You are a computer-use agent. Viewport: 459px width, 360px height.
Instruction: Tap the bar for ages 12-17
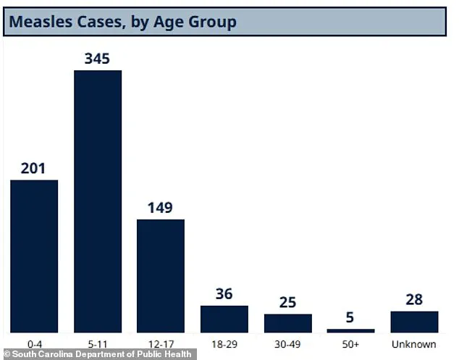coord(161,275)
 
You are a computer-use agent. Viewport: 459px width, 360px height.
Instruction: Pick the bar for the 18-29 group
coord(224,319)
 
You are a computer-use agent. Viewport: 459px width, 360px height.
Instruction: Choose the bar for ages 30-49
coord(287,323)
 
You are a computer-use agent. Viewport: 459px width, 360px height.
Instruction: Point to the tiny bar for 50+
coord(351,330)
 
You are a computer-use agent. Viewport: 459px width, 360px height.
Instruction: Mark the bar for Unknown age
coord(414,322)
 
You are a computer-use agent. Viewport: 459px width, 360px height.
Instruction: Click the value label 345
coord(97,58)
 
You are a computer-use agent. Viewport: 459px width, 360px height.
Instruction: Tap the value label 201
coord(33,168)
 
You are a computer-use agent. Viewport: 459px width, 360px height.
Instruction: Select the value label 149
coord(160,208)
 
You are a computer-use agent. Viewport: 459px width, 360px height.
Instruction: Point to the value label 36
coord(224,294)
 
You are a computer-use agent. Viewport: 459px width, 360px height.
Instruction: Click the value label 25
coord(287,302)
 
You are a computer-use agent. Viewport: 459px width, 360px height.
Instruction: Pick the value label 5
coord(351,317)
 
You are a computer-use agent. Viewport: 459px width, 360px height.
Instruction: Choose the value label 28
coord(414,300)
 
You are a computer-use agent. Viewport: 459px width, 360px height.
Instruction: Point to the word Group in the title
coord(210,22)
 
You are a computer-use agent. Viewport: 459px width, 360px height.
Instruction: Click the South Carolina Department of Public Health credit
coord(98,354)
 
